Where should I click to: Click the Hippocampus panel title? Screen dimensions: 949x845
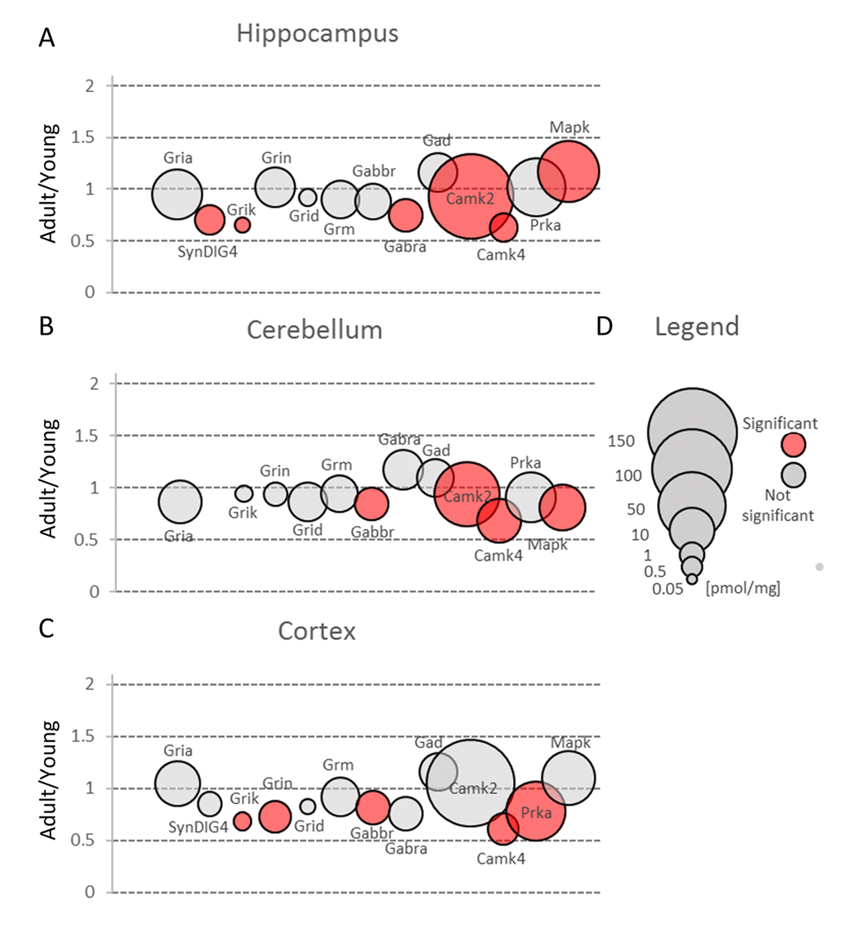click(317, 34)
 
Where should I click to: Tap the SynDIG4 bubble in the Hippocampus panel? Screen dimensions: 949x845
click(209, 220)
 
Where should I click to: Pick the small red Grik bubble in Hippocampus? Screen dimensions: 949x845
click(242, 224)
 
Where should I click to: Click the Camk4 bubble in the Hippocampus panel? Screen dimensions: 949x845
click(503, 226)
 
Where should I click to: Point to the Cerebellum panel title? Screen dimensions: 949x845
click(315, 330)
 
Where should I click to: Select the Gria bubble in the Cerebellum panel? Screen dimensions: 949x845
click(180, 501)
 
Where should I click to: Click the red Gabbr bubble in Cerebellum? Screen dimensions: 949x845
click(371, 503)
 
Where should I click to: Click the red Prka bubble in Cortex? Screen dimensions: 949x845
click(535, 811)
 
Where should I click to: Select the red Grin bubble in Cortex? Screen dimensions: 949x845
click(275, 817)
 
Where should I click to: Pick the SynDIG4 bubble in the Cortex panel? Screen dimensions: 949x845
click(210, 803)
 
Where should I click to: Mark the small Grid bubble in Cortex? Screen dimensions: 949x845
click(307, 806)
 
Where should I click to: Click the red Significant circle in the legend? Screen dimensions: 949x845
click(794, 445)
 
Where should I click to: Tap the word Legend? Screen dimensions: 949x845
click(696, 326)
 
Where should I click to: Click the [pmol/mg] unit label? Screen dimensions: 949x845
click(742, 588)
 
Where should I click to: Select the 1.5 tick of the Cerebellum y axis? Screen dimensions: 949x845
click(86, 436)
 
